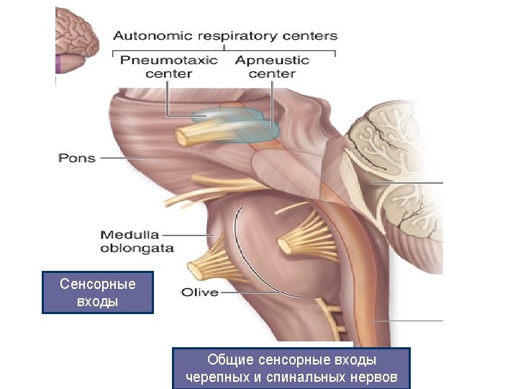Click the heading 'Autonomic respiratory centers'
point(224,35)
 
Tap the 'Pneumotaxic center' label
point(168,66)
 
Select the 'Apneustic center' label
point(272,66)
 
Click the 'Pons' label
point(76,157)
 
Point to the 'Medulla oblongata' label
point(137,241)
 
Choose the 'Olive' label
point(199,292)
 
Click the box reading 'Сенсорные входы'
point(97,292)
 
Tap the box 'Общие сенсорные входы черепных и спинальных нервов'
point(291,368)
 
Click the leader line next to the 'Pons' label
point(122,158)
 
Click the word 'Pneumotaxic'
point(168,60)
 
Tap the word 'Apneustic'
point(272,60)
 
